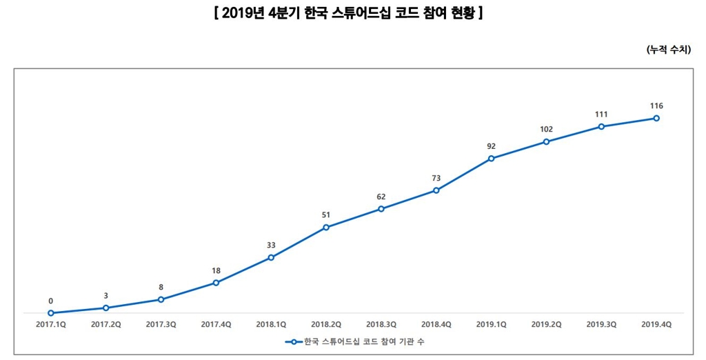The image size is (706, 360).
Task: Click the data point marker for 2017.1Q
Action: coord(51,313)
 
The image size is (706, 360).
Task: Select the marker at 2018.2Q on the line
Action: coord(326,228)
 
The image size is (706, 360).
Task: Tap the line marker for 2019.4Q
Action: coord(656,118)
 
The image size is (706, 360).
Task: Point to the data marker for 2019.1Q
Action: coord(491,159)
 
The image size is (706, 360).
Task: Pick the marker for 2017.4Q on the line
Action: coord(216,283)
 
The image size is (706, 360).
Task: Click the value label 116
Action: coord(656,106)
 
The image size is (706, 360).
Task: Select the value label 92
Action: coord(491,146)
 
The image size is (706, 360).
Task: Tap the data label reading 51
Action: coord(326,215)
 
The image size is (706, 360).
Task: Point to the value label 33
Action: coord(271,245)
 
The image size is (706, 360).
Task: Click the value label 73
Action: coord(436,178)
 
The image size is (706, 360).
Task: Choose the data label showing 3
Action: coord(105,295)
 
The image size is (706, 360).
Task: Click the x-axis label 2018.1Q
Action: coord(271,323)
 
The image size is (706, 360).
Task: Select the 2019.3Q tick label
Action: coord(601,323)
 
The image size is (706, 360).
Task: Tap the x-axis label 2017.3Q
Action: coord(161,323)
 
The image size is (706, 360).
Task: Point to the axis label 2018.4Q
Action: coord(436,323)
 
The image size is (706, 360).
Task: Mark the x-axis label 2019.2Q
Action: coord(546,323)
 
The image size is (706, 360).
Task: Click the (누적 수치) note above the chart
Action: coord(668,50)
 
